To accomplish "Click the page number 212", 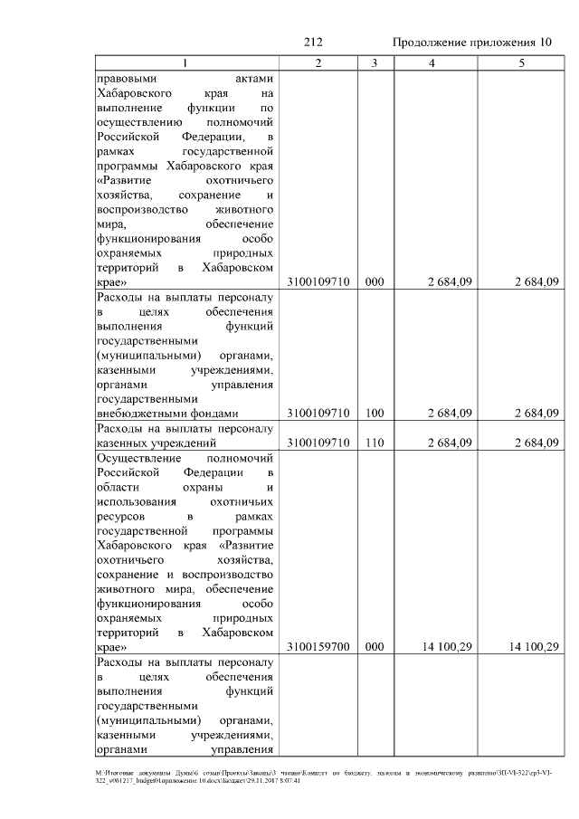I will tap(314, 43).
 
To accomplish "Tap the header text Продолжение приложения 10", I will tap(471, 43).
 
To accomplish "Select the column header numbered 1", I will tap(185, 62).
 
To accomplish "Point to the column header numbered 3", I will tap(375, 62).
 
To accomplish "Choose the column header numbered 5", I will tap(520, 62).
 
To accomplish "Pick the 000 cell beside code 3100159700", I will tap(375, 647).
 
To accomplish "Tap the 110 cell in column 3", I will tap(375, 443).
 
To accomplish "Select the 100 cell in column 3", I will tap(375, 414).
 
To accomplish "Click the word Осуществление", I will tap(136, 458).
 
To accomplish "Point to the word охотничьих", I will tap(242, 501).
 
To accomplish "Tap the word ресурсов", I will tap(121, 516).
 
